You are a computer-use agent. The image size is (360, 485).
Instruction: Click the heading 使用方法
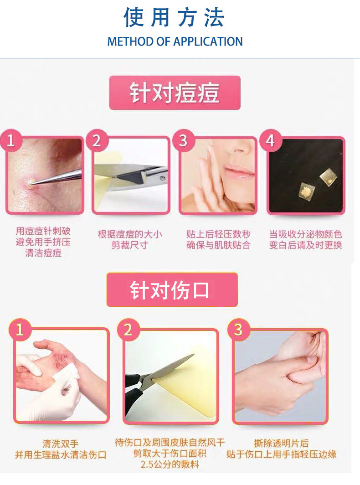tap(174, 17)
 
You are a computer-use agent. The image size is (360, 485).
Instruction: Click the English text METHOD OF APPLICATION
tap(175, 41)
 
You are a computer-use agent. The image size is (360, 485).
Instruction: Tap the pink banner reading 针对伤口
tap(172, 289)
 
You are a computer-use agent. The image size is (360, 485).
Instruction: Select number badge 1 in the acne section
tap(11, 141)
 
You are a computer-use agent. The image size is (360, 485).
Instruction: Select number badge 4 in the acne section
tap(271, 141)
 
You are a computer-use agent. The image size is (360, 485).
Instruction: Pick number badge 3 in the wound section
tap(238, 330)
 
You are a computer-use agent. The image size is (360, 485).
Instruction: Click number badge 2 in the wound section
tap(129, 330)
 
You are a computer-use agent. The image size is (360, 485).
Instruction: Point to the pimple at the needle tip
tap(30, 184)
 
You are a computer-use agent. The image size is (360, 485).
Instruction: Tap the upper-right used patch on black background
tap(328, 177)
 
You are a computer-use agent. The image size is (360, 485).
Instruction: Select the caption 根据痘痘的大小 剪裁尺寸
tap(130, 240)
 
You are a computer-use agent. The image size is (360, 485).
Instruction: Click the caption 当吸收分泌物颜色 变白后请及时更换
tap(306, 240)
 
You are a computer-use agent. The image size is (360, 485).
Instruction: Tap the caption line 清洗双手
tap(61, 444)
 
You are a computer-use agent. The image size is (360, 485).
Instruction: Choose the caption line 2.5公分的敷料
tap(170, 464)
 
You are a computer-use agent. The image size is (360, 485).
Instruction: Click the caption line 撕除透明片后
tap(282, 444)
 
